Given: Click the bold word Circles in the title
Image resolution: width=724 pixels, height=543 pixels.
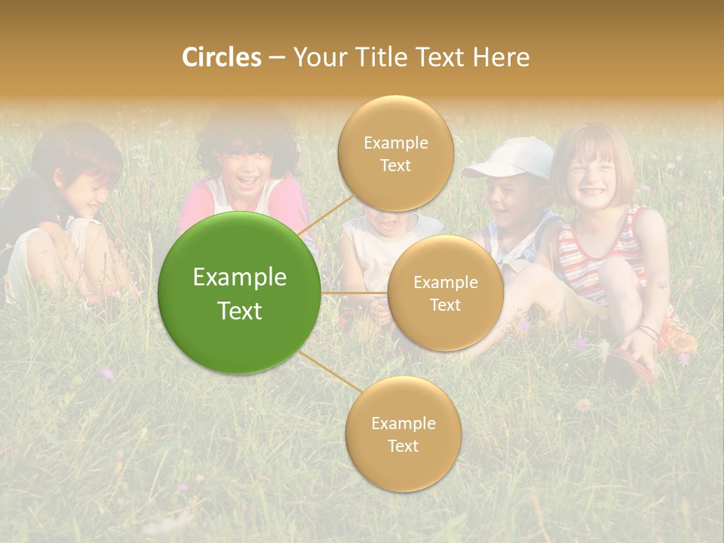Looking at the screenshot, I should click(x=221, y=57).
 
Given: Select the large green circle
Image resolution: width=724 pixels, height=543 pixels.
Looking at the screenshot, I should click(x=239, y=293).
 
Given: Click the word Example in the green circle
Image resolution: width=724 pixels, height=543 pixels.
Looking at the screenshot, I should click(x=239, y=278).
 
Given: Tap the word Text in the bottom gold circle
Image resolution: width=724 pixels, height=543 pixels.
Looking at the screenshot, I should click(x=403, y=446).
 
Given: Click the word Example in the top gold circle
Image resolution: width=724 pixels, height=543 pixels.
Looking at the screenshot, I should click(x=395, y=143).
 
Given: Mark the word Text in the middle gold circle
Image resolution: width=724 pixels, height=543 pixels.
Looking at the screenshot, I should click(x=445, y=305).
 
